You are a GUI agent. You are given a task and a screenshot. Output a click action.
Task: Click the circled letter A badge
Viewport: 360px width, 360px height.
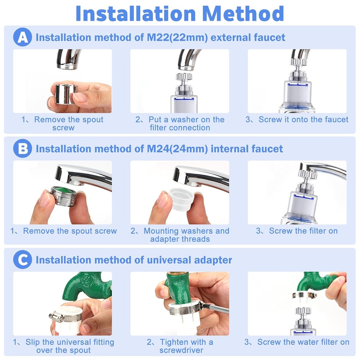[22, 37]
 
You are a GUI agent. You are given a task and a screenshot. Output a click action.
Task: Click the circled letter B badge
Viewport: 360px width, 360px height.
[22, 149]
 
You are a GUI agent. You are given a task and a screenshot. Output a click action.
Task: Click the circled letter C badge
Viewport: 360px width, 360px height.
[22, 260]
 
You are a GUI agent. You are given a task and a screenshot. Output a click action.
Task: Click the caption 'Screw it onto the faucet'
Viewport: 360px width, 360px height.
[297, 120]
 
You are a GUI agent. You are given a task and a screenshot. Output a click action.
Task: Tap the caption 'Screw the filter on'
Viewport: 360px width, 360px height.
[297, 231]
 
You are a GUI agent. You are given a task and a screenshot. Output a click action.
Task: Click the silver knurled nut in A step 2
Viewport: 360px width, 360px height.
[184, 76]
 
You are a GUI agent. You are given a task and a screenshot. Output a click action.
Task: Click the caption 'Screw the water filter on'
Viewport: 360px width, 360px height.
[297, 342]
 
